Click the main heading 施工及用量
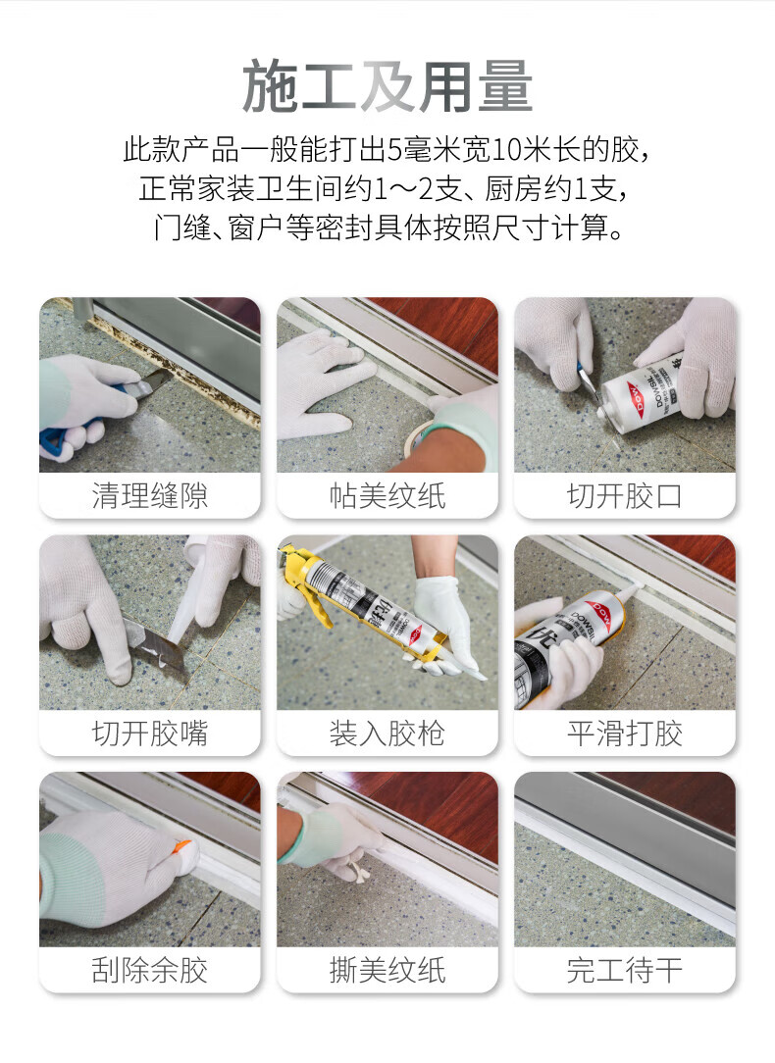point(387,86)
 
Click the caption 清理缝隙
point(150,495)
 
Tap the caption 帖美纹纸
point(387,495)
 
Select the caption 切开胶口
point(625,495)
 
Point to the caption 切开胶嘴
point(150,733)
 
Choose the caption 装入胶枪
point(387,733)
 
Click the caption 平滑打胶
point(625,733)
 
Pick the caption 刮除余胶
point(150,970)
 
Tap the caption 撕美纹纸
point(387,970)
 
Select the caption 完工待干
point(625,970)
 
